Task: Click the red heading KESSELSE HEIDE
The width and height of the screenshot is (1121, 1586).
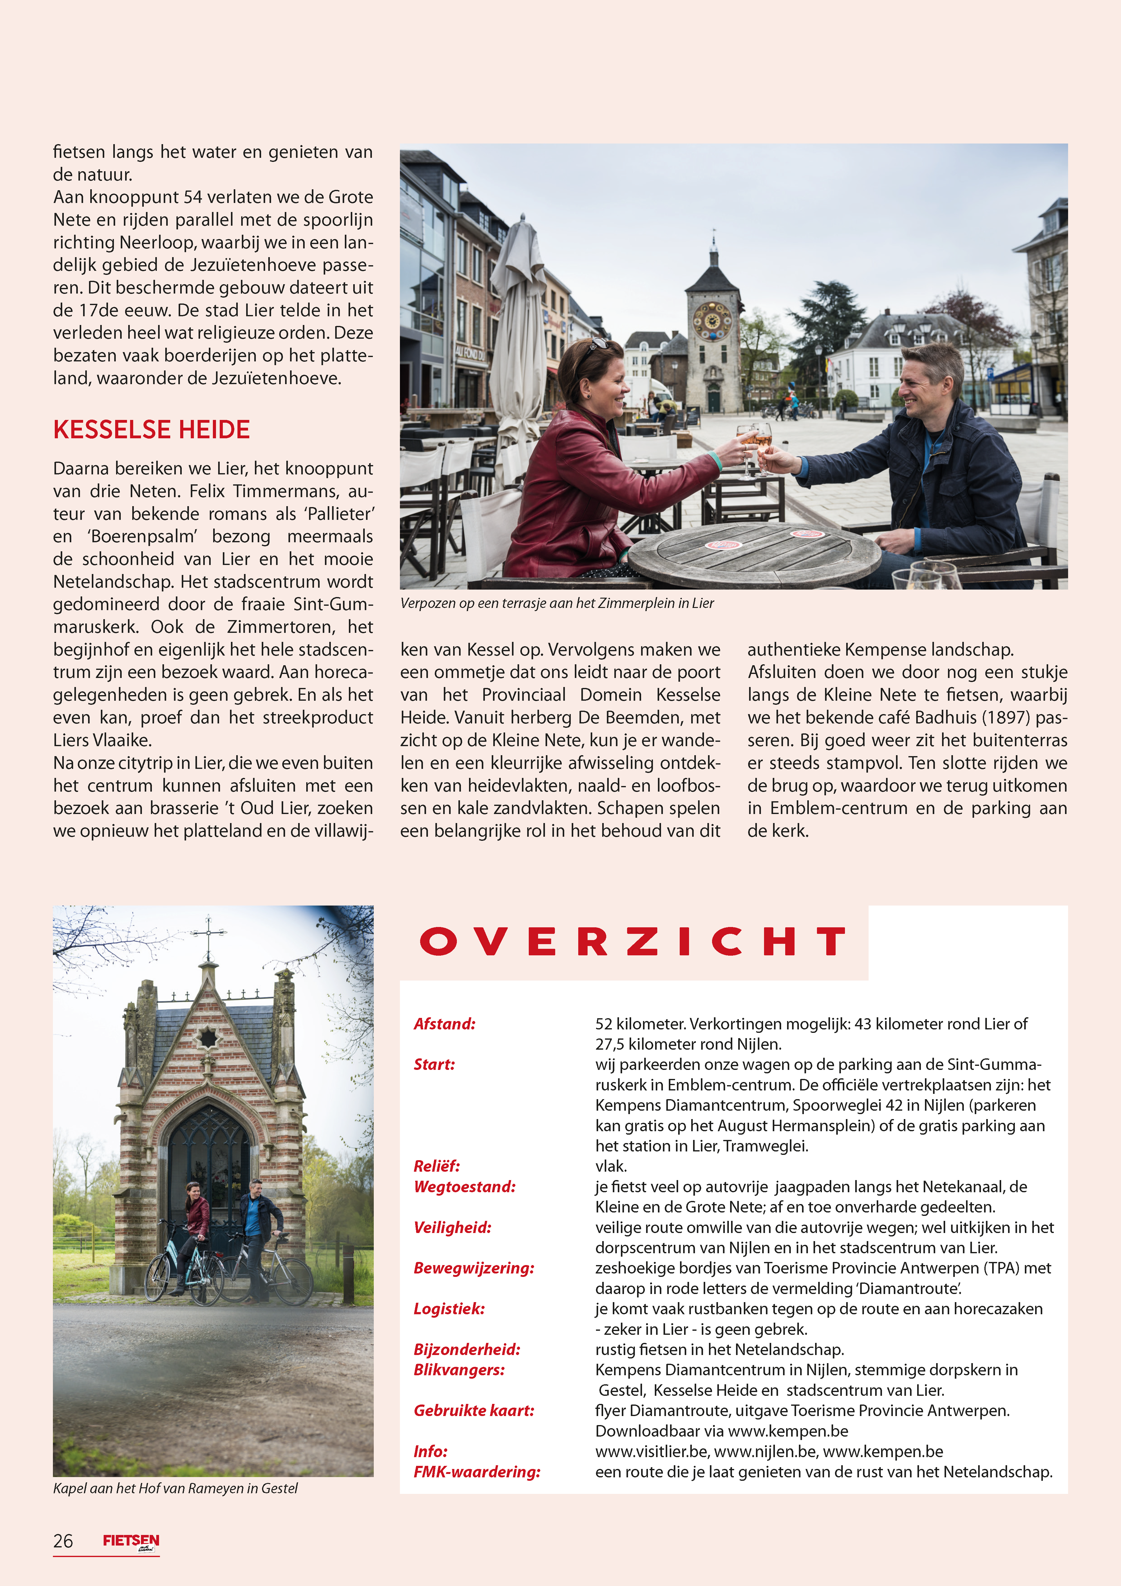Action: click(151, 430)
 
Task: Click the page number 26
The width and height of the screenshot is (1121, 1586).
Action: click(63, 1541)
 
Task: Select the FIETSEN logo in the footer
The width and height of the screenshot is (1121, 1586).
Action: click(131, 1541)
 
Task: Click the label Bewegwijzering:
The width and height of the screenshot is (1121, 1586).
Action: click(474, 1268)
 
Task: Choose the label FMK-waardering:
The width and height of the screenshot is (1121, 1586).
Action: click(476, 1472)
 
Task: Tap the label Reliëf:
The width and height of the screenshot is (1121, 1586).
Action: click(437, 1166)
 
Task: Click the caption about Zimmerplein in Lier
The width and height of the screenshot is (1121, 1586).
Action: click(557, 603)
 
